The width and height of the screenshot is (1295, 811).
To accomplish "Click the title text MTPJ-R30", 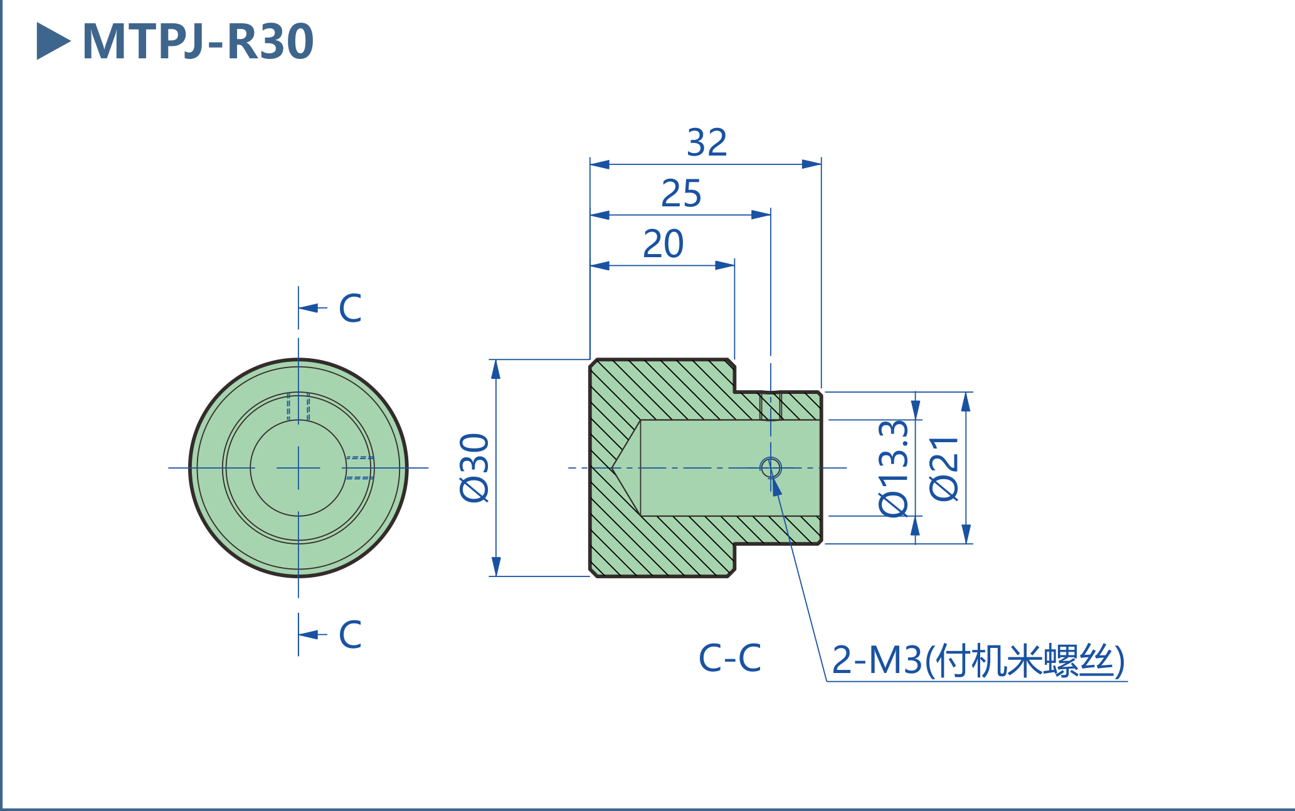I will point(198,41).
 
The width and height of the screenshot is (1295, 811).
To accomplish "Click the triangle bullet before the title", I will point(52,41).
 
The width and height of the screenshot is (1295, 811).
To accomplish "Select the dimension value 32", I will point(707,143).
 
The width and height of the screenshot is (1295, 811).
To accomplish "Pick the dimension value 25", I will point(681,193).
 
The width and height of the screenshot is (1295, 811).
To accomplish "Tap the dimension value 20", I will point(663,244).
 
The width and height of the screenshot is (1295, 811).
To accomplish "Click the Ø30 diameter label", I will point(475,468).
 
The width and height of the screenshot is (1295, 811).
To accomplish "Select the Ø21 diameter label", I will point(944,469).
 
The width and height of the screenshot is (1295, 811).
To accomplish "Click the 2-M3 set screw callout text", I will point(978,660).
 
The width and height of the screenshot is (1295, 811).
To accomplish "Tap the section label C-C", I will point(730,659).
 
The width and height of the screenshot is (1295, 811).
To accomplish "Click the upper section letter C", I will point(350,308).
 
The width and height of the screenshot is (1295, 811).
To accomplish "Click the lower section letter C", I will point(350,634).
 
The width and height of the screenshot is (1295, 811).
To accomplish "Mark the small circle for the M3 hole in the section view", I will point(771,467).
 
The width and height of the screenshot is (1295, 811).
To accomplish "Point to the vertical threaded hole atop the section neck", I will point(771,406).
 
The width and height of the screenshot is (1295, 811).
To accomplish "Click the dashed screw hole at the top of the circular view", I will point(299,406).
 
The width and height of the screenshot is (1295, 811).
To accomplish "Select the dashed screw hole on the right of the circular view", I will point(359,468).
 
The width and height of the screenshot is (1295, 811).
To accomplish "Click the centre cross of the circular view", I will point(299,468).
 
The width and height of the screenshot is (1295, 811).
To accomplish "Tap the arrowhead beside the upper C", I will point(309,308).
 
